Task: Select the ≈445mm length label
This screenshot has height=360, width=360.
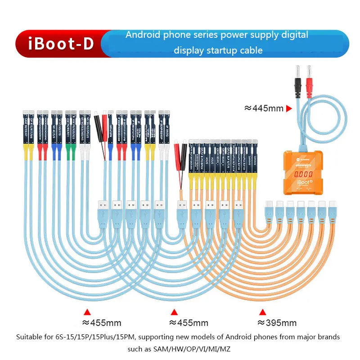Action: [263, 108]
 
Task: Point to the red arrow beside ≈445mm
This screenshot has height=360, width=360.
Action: [289, 108]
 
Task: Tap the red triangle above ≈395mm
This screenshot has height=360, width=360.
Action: [262, 311]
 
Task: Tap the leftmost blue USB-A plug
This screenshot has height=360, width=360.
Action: [103, 211]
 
